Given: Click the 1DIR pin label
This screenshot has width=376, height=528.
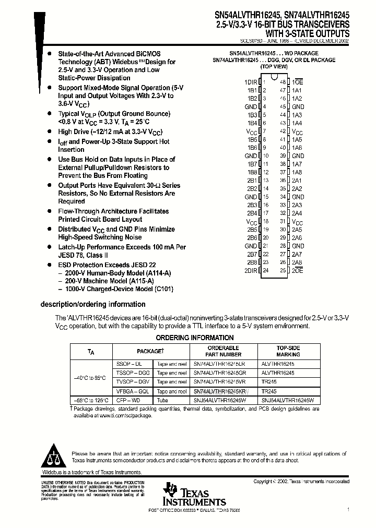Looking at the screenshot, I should [251, 82].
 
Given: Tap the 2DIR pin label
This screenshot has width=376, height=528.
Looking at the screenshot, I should [251, 270].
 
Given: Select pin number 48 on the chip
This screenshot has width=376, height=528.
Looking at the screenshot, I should [283, 82].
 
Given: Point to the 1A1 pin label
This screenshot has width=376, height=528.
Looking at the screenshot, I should [297, 90].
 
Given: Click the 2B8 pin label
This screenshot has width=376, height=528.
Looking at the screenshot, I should [252, 262].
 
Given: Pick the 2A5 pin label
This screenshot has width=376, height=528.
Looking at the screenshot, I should [297, 230].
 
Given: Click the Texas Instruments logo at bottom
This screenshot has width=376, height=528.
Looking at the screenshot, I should [193, 495].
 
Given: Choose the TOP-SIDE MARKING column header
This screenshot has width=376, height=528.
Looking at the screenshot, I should [288, 351].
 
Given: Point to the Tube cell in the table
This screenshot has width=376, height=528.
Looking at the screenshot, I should [163, 400].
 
